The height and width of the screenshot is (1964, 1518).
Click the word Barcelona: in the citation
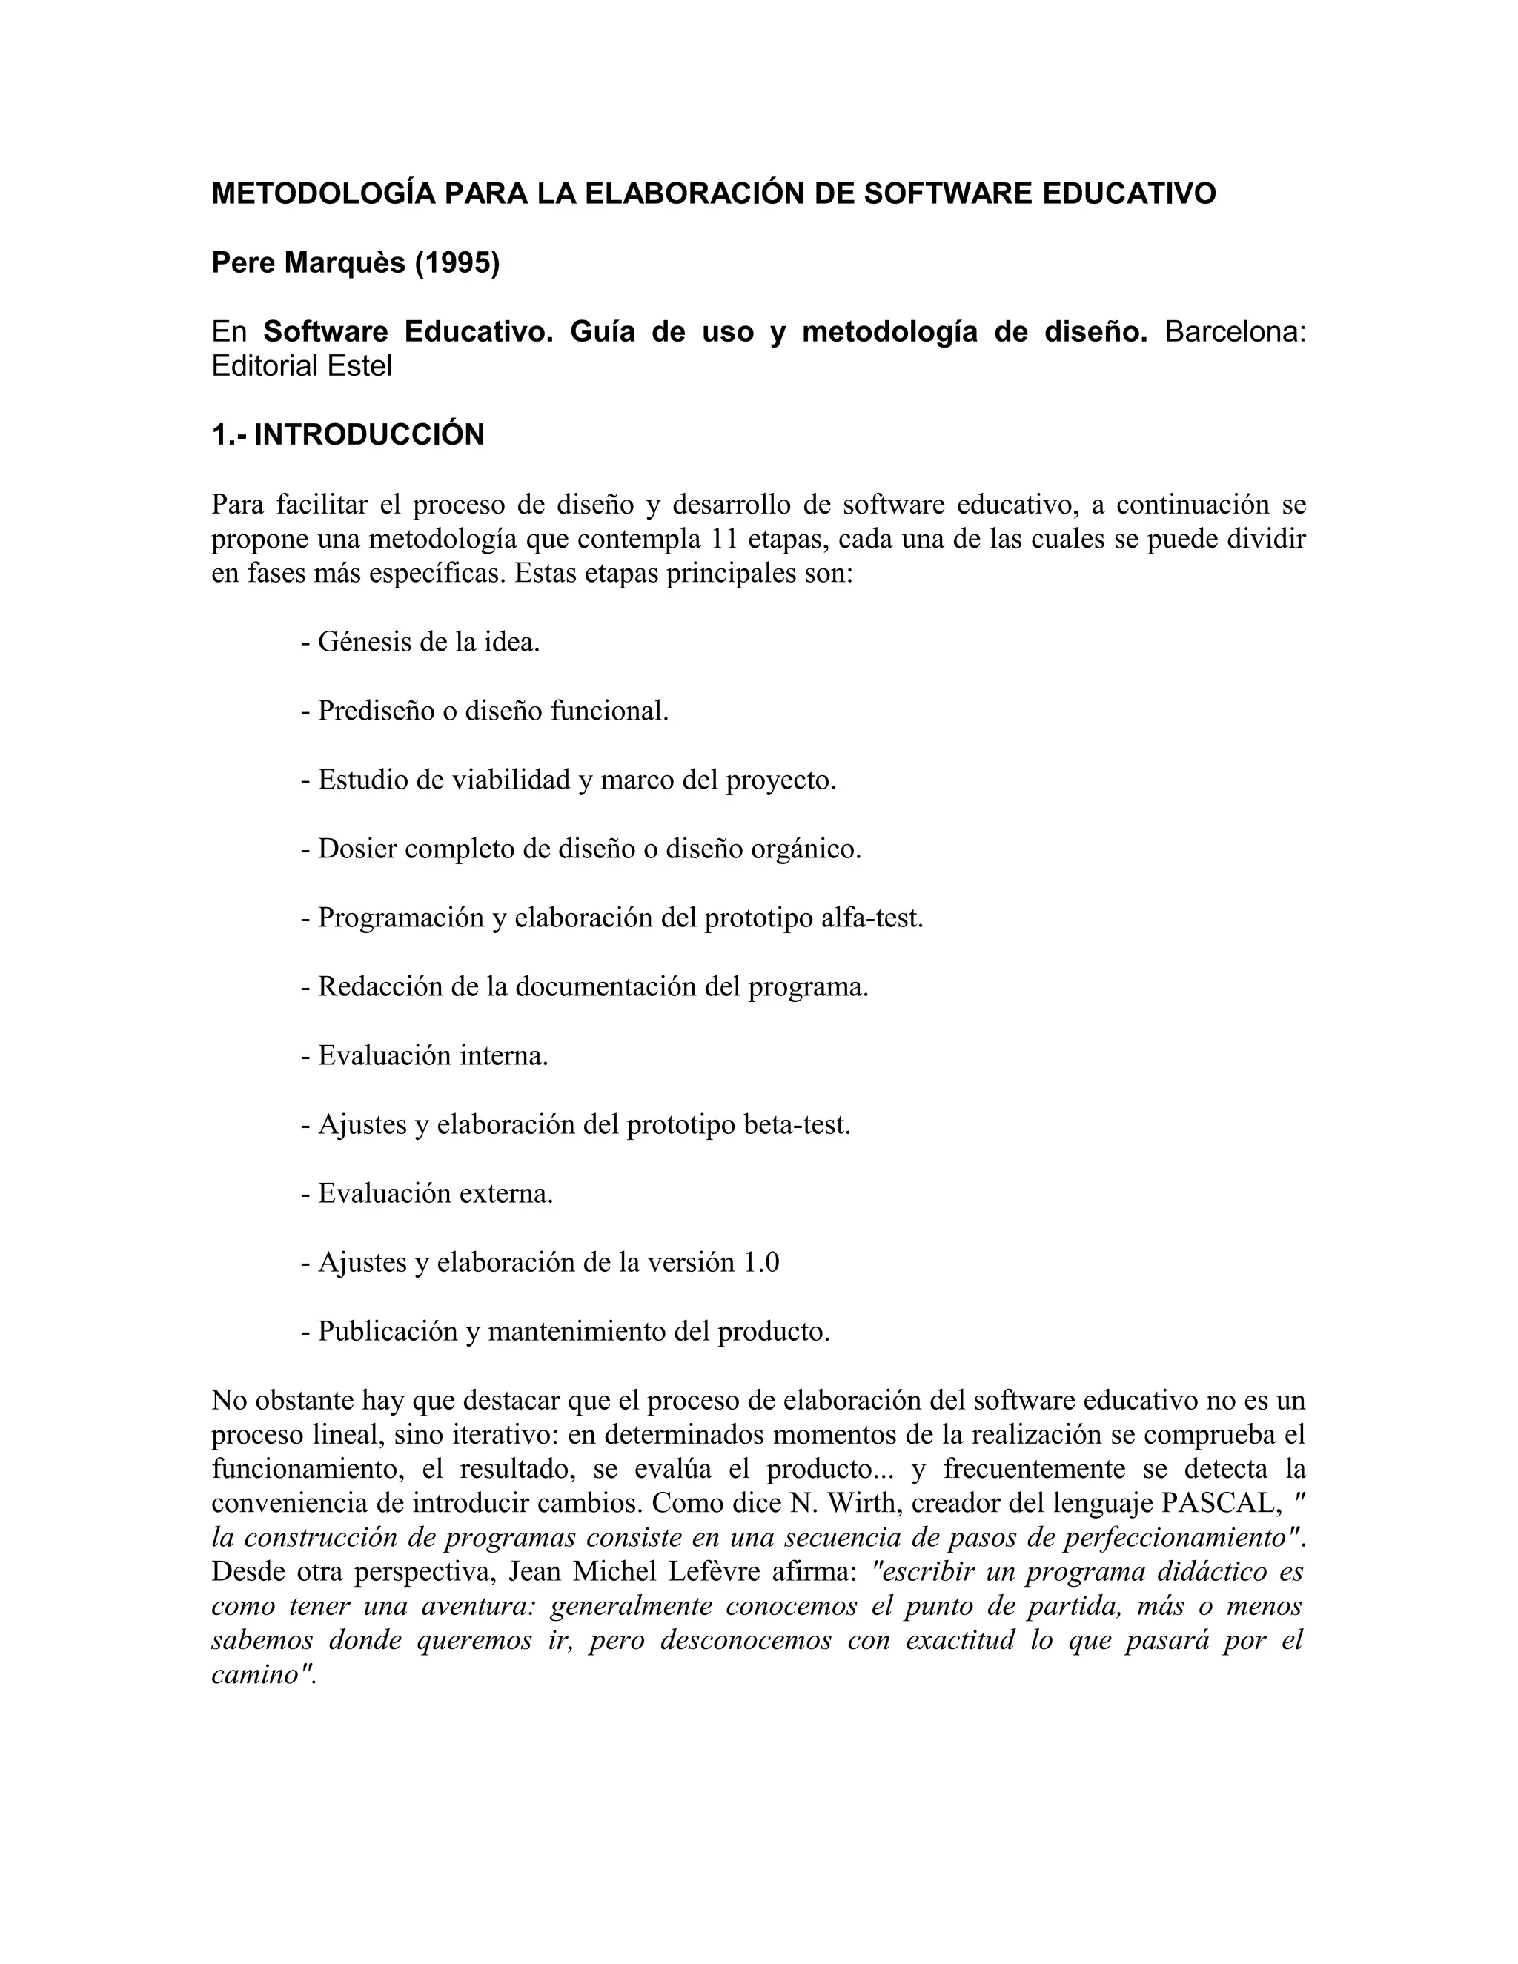1235,332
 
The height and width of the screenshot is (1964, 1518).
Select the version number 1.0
760,1261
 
